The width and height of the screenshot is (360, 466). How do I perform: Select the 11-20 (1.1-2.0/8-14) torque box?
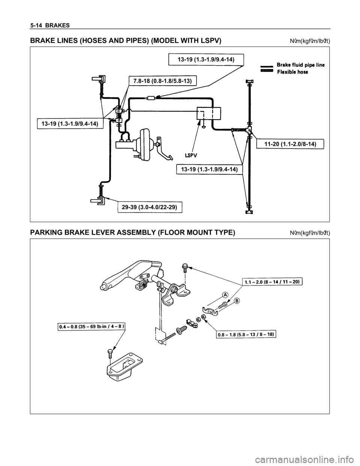[290, 144]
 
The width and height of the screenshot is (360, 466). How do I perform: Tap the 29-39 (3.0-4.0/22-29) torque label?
[150, 207]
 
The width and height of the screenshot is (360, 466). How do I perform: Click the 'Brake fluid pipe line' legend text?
[301, 65]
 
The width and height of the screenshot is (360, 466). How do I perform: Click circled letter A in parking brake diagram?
[224, 295]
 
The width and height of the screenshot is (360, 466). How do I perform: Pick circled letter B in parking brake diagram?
[237, 301]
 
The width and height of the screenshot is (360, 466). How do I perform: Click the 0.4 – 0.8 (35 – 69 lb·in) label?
[91, 326]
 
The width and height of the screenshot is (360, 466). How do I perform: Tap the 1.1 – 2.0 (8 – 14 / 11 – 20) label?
[271, 281]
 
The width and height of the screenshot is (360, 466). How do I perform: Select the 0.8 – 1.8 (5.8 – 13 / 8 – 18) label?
[246, 334]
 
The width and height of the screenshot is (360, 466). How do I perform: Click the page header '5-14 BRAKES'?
[48, 25]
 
